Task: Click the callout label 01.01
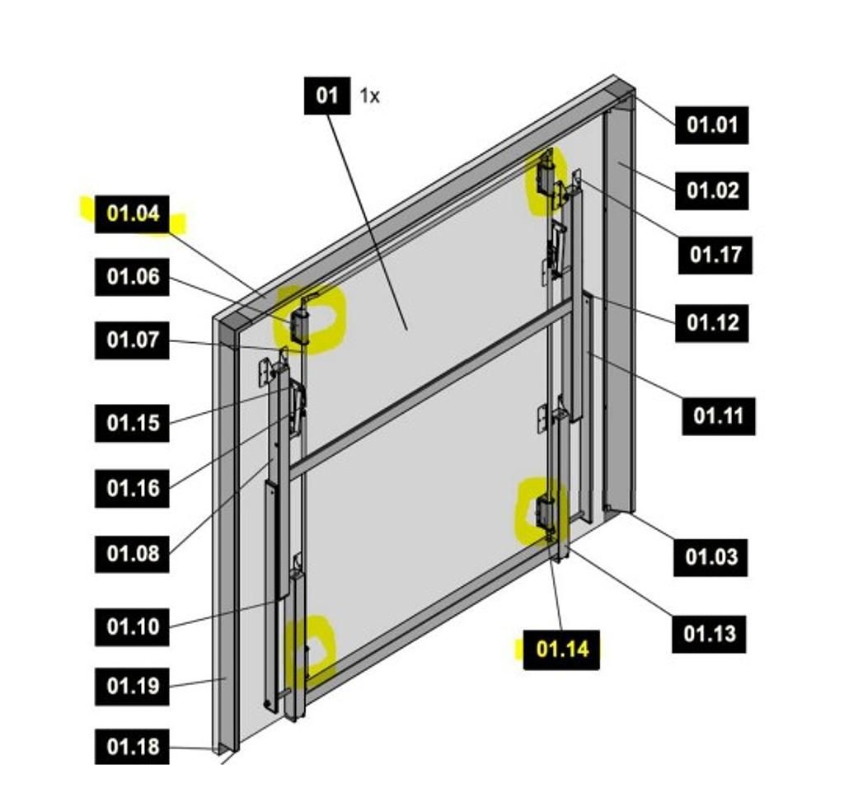(711, 125)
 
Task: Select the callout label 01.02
(711, 190)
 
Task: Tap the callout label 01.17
(715, 255)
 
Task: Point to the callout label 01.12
(711, 323)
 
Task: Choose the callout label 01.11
(719, 416)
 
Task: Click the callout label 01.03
(710, 557)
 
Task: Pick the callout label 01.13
(709, 634)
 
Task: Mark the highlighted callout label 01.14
(561, 650)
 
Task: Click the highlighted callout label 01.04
(132, 214)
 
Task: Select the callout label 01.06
(132, 277)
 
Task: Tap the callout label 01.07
(132, 340)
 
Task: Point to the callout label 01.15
(132, 423)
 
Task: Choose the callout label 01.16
(132, 489)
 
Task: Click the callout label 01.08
(132, 554)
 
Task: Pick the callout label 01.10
(132, 627)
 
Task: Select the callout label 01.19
(132, 687)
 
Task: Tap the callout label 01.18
(132, 747)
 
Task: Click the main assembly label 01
(327, 96)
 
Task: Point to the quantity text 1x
(369, 96)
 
